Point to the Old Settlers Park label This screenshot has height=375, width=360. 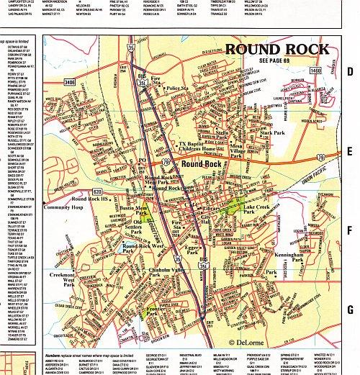pos(148,227)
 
